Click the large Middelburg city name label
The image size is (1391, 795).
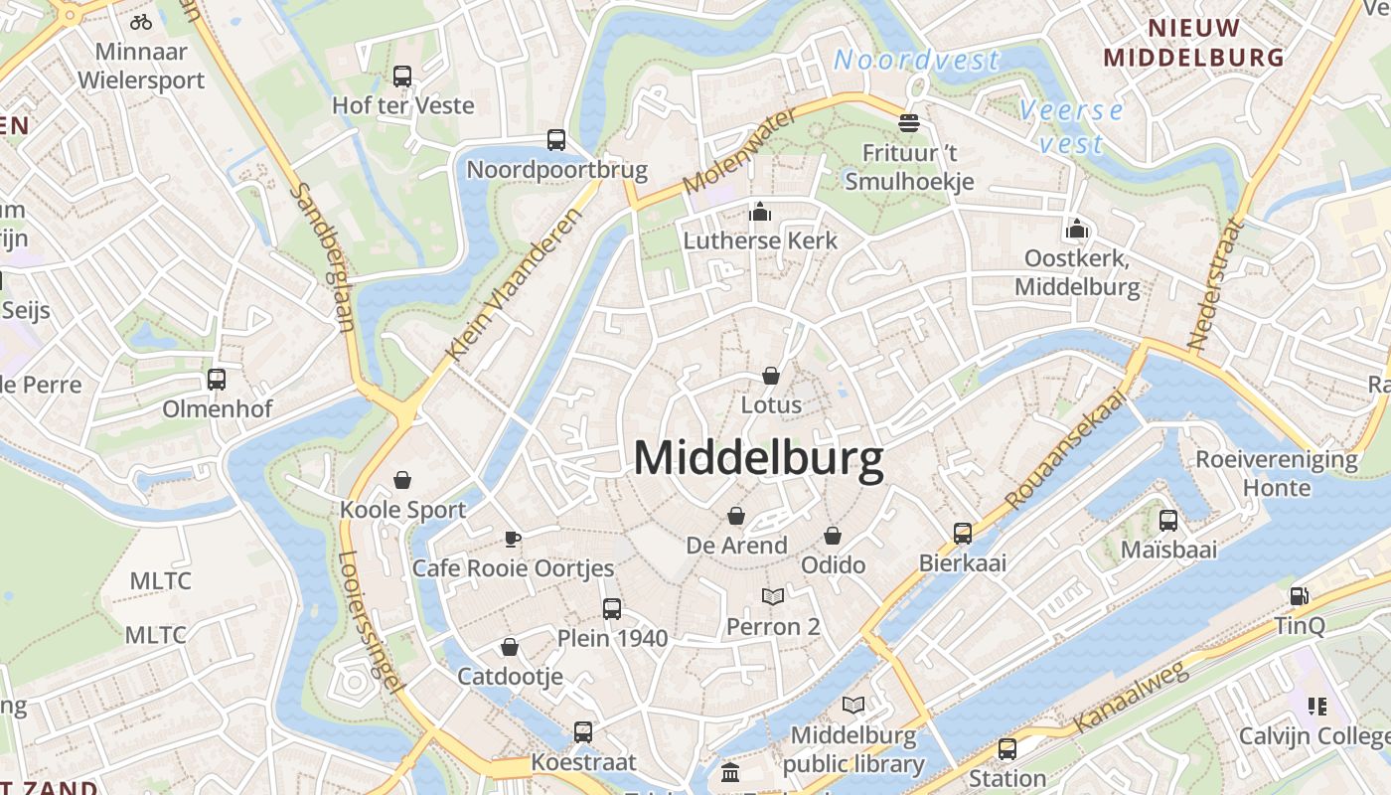[758, 459]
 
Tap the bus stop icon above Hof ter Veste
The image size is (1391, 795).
[402, 77]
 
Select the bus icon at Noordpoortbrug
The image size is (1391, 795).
[556, 140]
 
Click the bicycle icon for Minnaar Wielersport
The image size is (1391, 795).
[141, 21]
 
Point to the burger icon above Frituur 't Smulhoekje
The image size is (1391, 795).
[909, 123]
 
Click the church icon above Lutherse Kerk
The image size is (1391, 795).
[760, 212]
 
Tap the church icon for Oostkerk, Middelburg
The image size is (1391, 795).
[1077, 230]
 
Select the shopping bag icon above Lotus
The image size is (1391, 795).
[771, 376]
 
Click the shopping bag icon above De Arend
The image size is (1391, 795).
[736, 516]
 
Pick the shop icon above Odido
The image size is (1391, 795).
[833, 536]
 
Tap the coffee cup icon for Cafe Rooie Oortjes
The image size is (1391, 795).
[513, 539]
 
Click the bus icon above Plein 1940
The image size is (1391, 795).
[612, 608]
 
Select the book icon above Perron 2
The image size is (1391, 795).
[773, 596]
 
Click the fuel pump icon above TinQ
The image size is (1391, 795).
[1300, 596]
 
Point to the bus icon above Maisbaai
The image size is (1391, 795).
[1168, 520]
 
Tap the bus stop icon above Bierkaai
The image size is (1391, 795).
[963, 534]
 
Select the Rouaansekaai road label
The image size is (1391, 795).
[1068, 449]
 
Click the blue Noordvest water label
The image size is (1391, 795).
[916, 60]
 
